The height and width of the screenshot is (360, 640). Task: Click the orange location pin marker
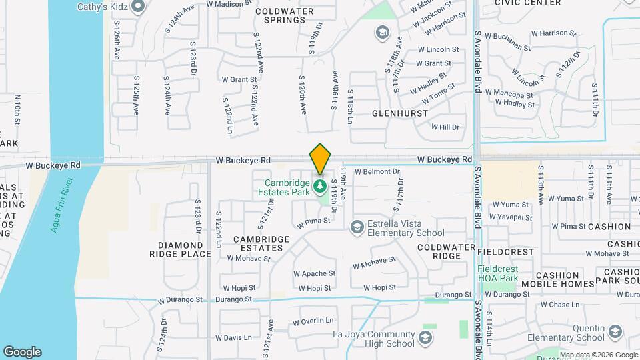coord(320,160)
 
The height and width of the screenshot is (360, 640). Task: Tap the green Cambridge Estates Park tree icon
coord(320,185)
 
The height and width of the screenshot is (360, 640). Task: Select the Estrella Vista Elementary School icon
coord(357,228)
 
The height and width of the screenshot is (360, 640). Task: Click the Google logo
coord(22,352)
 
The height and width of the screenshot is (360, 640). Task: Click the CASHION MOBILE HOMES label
coord(558,279)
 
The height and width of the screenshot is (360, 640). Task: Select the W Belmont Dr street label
coord(377,171)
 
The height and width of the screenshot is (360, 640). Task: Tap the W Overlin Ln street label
coord(313,321)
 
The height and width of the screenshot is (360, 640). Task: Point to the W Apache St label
coord(315,273)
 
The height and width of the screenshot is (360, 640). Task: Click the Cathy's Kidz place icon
coord(139,7)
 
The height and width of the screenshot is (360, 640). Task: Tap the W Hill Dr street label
coord(446,127)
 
